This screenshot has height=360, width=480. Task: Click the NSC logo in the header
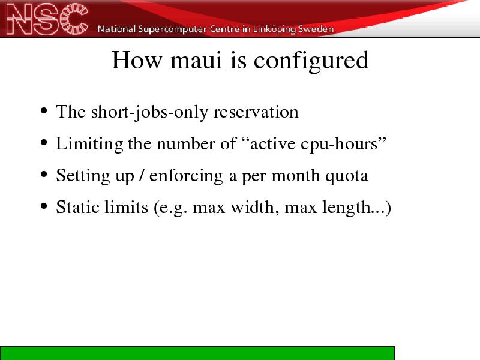coord(47,19)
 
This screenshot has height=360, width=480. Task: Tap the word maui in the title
coord(196,60)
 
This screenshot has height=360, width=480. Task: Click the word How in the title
coord(137,60)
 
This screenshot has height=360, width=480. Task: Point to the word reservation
coord(256,112)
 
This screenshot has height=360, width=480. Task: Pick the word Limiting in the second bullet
coord(89,144)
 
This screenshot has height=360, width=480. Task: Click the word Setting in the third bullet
coord(83,176)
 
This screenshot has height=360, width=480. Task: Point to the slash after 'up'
coord(142,175)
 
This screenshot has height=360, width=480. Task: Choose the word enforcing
coord(186,176)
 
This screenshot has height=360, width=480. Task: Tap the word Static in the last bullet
coord(78,207)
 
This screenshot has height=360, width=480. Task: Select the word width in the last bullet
coord(254,207)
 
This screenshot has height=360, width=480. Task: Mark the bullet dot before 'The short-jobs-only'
coord(44,111)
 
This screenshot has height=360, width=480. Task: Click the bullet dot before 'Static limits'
coord(44,206)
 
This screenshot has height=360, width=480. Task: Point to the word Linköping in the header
coord(274,29)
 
